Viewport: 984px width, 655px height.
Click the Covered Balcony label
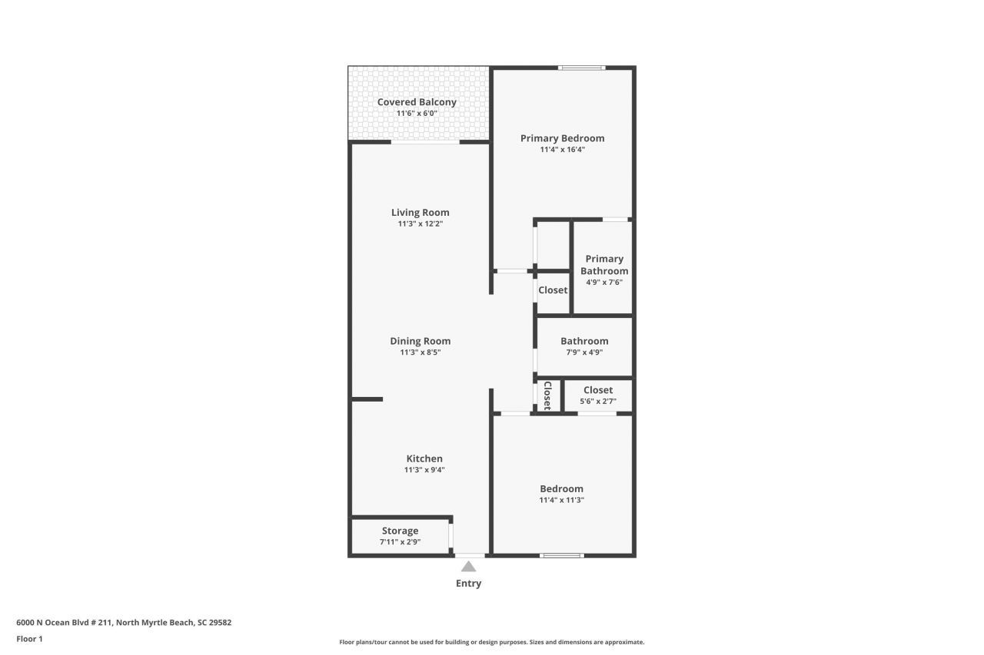pos(417,102)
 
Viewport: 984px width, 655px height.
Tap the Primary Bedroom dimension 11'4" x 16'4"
pos(563,150)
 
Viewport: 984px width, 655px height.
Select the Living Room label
pos(420,213)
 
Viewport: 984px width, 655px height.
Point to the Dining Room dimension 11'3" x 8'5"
pos(420,352)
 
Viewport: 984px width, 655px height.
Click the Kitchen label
pos(424,458)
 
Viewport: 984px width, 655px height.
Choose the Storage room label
pos(400,531)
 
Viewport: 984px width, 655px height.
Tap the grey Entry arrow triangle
pos(468,567)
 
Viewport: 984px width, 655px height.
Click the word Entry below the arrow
pos(468,584)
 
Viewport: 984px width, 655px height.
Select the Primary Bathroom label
pos(603,265)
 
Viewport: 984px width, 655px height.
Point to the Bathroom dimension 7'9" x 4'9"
pos(584,352)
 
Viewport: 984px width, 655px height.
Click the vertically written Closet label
pos(547,395)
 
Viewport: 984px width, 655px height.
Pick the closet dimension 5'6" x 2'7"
pos(598,401)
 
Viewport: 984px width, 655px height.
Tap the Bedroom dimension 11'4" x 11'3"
pos(561,500)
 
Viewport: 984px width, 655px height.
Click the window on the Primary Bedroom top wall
pos(582,68)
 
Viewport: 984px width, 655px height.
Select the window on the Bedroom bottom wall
pos(562,554)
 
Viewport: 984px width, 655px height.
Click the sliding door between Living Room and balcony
pos(425,142)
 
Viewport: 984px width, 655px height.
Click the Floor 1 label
pos(29,638)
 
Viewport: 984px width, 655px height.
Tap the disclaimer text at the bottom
pos(492,642)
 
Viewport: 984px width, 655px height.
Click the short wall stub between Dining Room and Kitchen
pos(367,399)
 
